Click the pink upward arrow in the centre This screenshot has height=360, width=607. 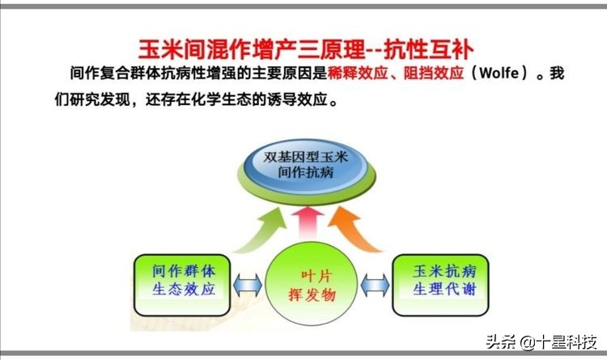pos(305,225)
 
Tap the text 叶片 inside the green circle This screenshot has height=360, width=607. pos(305,275)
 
